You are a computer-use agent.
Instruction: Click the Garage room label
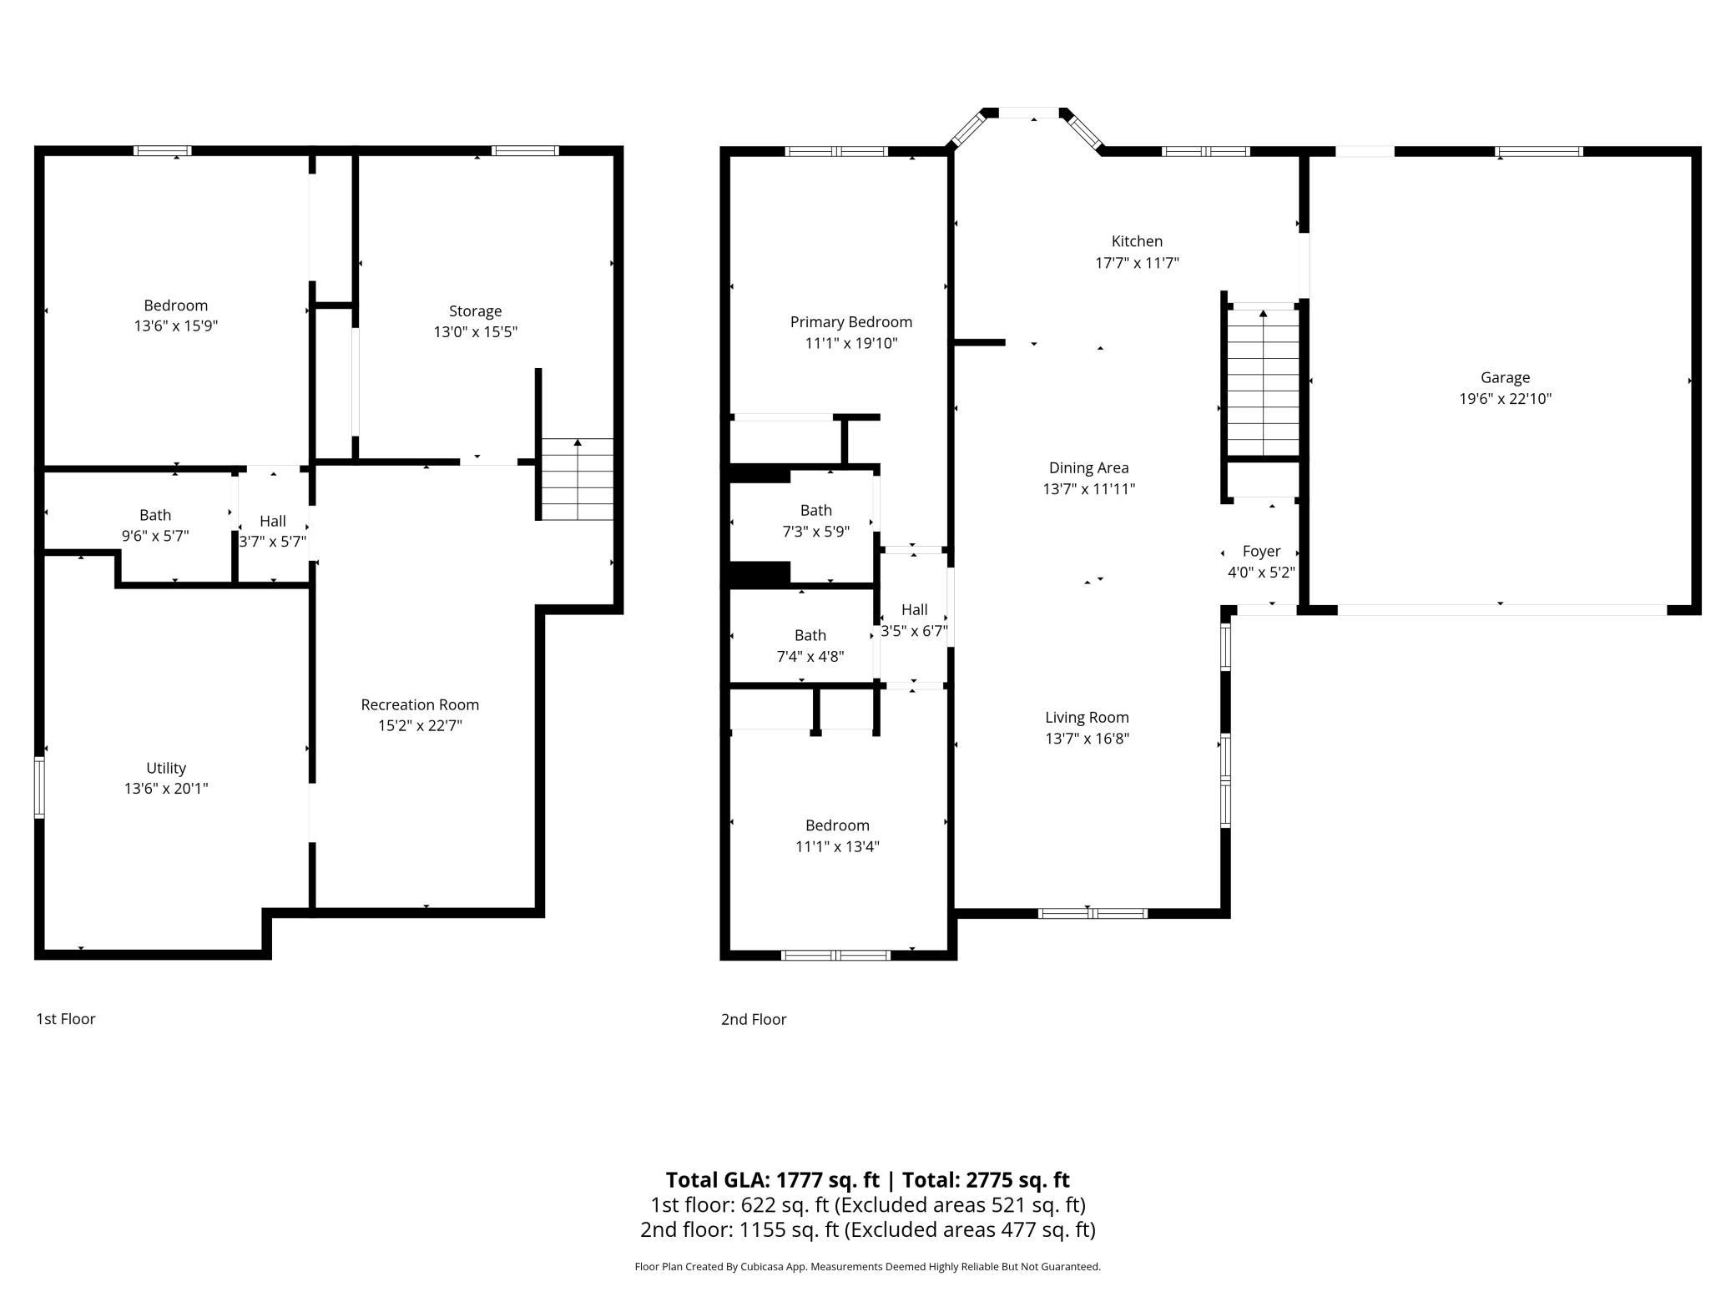pyautogui.click(x=1505, y=377)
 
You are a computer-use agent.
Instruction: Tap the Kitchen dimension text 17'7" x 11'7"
pyautogui.click(x=1137, y=263)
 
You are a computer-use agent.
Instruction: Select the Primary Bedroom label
pyautogui.click(x=850, y=322)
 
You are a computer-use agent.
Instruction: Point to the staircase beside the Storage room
pyautogui.click(x=578, y=479)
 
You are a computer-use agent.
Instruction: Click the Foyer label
pyautogui.click(x=1261, y=551)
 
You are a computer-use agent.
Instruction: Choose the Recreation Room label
pyautogui.click(x=420, y=704)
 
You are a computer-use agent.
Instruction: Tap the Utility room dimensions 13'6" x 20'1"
pyautogui.click(x=166, y=788)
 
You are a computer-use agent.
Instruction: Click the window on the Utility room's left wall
pyautogui.click(x=39, y=786)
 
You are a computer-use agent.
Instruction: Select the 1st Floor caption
pyautogui.click(x=66, y=1019)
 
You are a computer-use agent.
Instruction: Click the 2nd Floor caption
pyautogui.click(x=754, y=1019)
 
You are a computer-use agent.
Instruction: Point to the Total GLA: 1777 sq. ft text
pyautogui.click(x=772, y=1179)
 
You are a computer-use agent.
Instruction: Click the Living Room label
pyautogui.click(x=1087, y=717)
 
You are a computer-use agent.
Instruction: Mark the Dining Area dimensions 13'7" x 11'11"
pyautogui.click(x=1088, y=489)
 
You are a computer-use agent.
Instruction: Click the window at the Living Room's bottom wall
pyautogui.click(x=1093, y=913)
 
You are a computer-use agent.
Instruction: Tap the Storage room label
pyautogui.click(x=475, y=311)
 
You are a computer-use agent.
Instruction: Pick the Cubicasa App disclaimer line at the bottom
pyautogui.click(x=867, y=1266)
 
